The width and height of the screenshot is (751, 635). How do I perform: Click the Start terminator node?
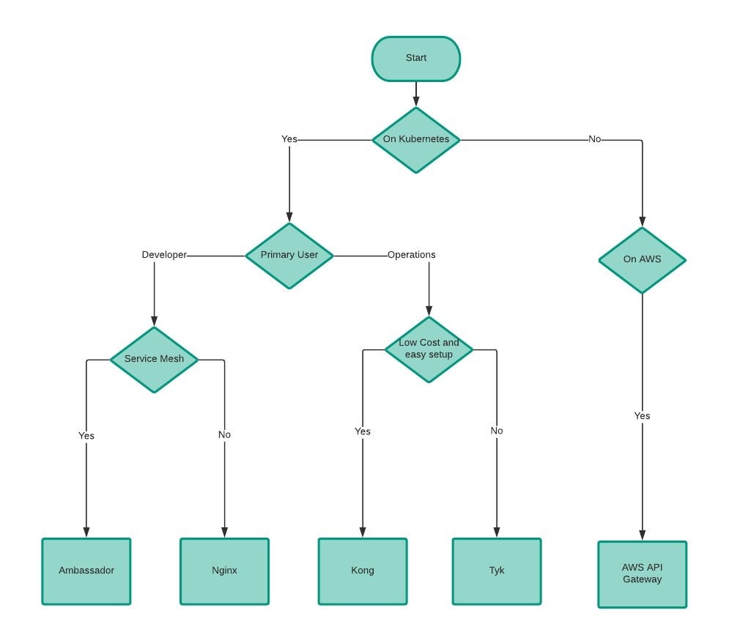tap(415, 59)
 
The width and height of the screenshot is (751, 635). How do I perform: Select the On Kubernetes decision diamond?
tap(415, 140)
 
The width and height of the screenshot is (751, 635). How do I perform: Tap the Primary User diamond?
tap(289, 256)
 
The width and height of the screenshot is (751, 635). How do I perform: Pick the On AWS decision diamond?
tap(642, 260)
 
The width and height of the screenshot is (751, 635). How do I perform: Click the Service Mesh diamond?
tap(154, 360)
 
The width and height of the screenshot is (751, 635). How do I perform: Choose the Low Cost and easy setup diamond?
tap(429, 349)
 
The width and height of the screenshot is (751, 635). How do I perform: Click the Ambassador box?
tap(86, 571)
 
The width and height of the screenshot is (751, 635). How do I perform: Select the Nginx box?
tap(224, 571)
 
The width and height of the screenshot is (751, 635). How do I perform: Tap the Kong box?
tap(362, 571)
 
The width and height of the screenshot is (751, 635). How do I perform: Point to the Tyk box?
tap(496, 571)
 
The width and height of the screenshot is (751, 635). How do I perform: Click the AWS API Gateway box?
tap(642, 574)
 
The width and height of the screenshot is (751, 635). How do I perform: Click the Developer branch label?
tap(164, 255)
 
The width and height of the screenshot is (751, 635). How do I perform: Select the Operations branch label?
tap(411, 255)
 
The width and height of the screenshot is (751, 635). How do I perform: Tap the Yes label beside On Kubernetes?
tap(289, 138)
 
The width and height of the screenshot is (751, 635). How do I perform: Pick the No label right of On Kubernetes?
tap(594, 138)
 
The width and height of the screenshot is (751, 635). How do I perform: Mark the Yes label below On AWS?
tap(642, 416)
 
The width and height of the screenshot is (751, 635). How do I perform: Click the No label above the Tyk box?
tap(496, 431)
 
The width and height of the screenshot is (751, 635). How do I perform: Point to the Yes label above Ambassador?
tap(86, 436)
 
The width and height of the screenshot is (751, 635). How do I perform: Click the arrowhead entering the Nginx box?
tap(224, 533)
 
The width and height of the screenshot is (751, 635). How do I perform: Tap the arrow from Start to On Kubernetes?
tap(415, 93)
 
